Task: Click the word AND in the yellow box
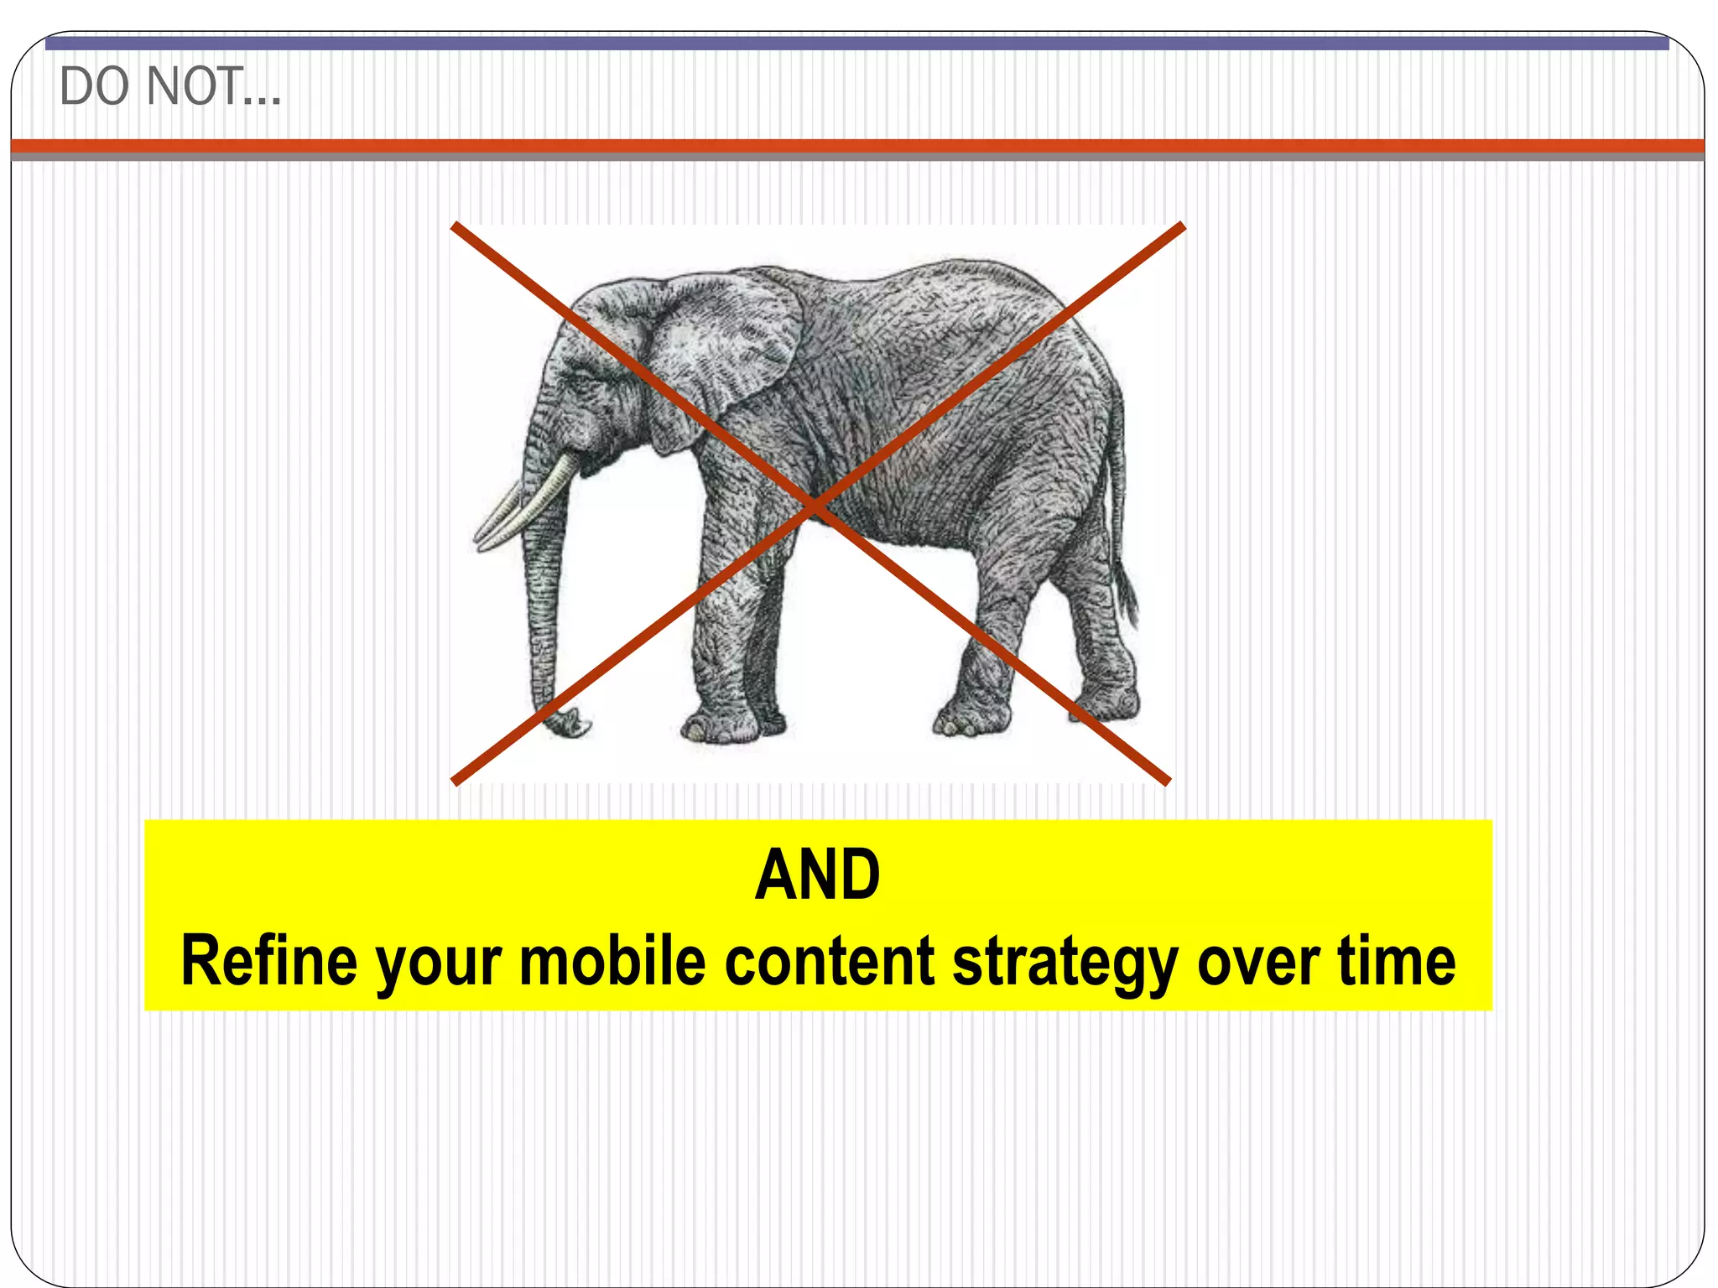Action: pos(818,875)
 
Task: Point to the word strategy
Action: pos(1065,963)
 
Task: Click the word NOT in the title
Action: pos(195,86)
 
